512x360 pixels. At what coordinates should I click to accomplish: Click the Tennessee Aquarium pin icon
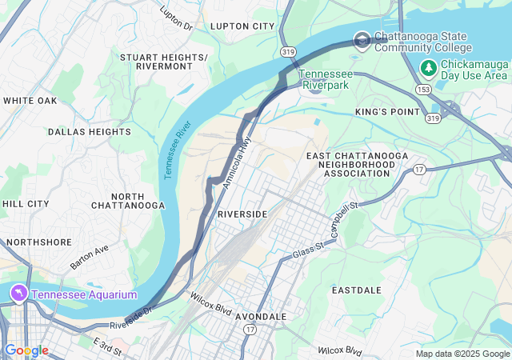(x=18, y=294)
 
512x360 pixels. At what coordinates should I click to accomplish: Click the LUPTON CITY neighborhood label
(x=242, y=26)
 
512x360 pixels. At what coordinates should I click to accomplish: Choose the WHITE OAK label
(x=30, y=101)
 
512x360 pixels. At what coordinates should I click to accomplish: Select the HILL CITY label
(x=26, y=204)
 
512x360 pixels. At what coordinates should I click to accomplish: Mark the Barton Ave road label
(x=89, y=256)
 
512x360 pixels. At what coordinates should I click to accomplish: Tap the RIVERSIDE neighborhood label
(x=242, y=214)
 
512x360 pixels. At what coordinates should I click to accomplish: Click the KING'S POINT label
(x=387, y=112)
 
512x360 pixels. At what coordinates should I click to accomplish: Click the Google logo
(x=26, y=350)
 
